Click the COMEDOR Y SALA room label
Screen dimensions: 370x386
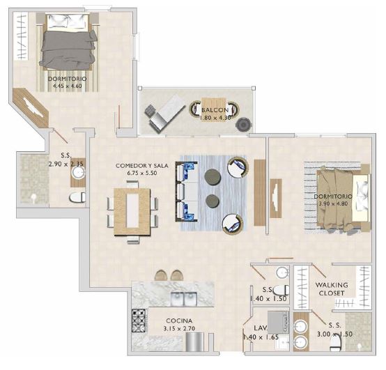click(142, 166)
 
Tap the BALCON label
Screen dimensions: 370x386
click(215, 111)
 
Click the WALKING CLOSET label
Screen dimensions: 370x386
click(332, 289)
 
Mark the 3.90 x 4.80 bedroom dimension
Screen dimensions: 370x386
click(332, 204)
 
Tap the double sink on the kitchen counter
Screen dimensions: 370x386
click(183, 300)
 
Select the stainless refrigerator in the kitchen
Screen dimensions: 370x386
click(197, 343)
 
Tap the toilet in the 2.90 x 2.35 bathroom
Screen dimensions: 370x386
click(75, 198)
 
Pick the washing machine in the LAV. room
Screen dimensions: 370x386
click(277, 321)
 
